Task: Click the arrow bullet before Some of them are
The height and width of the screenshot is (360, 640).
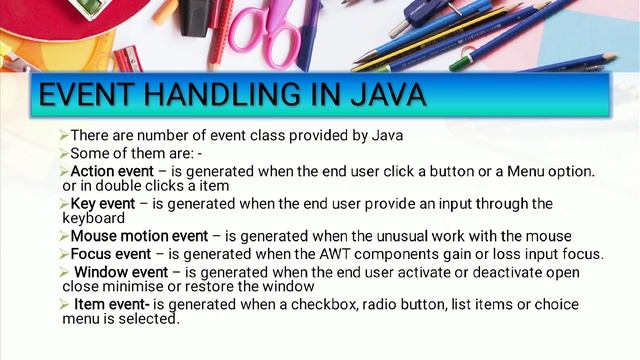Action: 64,153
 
